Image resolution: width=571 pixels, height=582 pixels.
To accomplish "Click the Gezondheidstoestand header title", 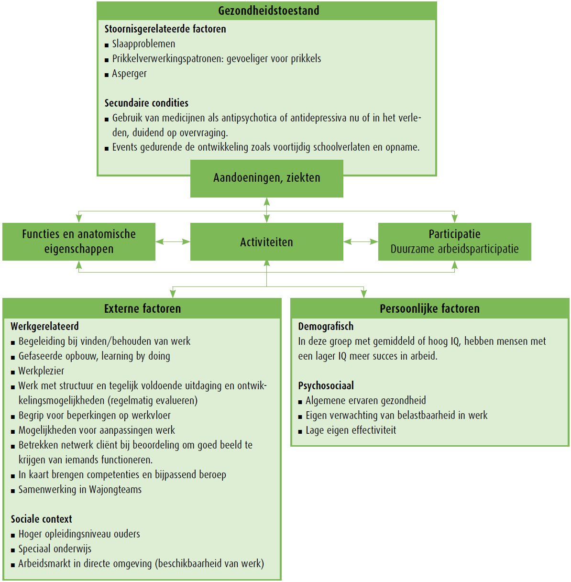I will (268, 11).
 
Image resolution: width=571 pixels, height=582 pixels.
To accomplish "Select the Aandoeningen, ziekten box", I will (266, 178).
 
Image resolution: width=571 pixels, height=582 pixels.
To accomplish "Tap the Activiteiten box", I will (266, 242).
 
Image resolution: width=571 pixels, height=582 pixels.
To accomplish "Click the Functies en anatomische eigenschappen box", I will (79, 242).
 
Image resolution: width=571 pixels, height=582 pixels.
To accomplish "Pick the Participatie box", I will (454, 242).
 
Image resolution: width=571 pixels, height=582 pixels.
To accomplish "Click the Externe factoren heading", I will (142, 308).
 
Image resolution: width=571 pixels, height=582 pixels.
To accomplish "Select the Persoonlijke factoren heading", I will (429, 308).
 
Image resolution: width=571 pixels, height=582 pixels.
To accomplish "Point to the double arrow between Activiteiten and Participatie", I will (361, 242).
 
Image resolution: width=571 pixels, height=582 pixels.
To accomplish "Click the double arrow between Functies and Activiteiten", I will (173, 242).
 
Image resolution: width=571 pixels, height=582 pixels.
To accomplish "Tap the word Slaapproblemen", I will (143, 44).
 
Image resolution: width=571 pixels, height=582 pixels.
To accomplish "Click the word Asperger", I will (129, 74).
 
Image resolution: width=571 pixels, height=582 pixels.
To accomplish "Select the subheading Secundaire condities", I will (146, 103).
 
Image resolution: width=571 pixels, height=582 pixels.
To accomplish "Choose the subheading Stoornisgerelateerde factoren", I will (165, 29).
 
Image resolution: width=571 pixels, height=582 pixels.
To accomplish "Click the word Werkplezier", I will (41, 371).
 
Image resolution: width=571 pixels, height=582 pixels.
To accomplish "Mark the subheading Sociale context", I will (41, 519).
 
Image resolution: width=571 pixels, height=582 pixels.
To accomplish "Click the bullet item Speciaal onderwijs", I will (55, 549).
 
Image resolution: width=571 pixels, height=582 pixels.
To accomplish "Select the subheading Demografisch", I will (326, 327).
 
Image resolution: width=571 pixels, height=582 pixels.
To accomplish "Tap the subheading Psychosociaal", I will (326, 386).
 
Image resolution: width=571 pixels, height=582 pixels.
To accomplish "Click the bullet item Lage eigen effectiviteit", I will (351, 430).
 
